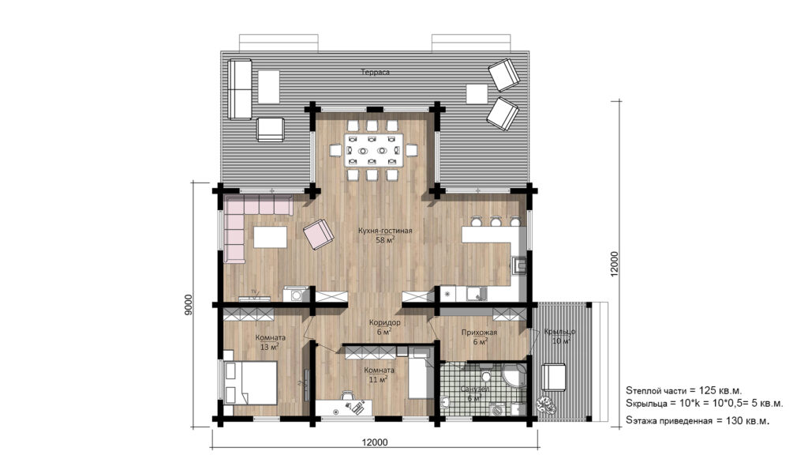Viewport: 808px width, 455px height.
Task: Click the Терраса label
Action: click(x=376, y=73)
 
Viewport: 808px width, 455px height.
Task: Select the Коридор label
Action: click(x=385, y=323)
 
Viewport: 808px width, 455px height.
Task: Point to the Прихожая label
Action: click(x=479, y=333)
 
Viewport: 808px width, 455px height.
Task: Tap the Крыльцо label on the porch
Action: click(x=559, y=332)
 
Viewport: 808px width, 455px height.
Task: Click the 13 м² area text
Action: click(x=270, y=347)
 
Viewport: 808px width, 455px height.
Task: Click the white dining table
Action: click(x=375, y=149)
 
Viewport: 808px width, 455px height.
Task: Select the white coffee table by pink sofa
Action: click(x=269, y=238)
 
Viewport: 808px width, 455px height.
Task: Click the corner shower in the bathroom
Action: click(x=514, y=377)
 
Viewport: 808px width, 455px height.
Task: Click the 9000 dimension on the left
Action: click(x=188, y=306)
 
